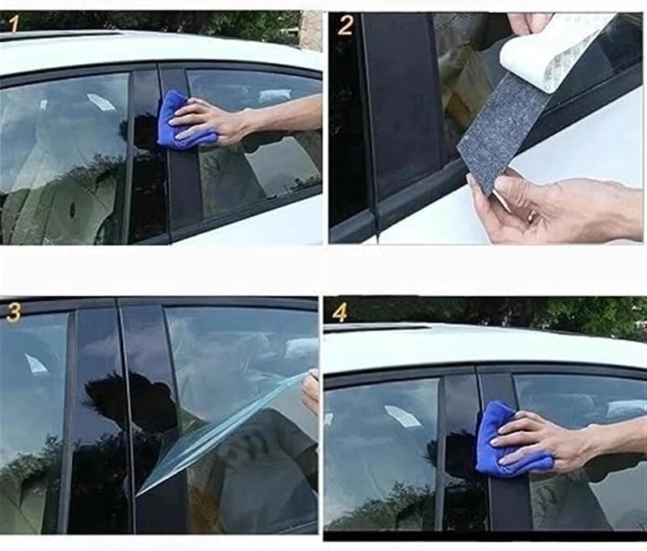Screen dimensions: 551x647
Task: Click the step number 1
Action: click(13, 25)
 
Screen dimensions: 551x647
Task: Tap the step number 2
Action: click(345, 25)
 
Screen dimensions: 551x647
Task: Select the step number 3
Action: click(13, 313)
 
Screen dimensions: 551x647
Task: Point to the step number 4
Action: click(340, 312)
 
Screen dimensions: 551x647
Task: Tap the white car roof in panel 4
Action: click(485, 344)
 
